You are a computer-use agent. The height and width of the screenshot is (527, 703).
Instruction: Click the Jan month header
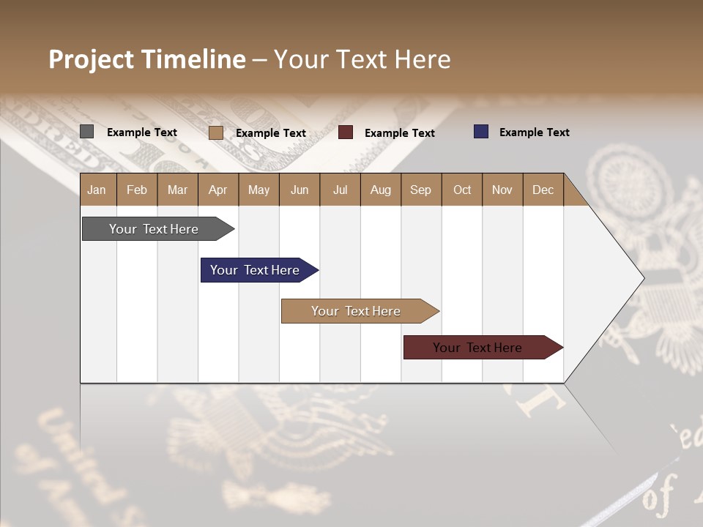pos(97,190)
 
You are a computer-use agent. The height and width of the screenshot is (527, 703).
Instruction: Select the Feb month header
pos(137,190)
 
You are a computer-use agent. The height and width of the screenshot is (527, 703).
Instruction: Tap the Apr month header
pos(217,190)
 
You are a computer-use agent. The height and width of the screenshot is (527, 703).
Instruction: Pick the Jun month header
pos(299,190)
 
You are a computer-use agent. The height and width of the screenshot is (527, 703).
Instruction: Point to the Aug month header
pos(380,190)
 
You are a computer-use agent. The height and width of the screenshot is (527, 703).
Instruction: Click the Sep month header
pos(420,190)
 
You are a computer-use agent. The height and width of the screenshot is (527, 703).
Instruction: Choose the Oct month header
pos(461,190)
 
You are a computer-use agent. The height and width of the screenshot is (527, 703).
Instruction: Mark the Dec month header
pos(543,190)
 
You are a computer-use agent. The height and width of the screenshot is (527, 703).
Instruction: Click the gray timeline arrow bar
pos(154,229)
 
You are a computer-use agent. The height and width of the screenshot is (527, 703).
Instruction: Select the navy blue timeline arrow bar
pos(255,270)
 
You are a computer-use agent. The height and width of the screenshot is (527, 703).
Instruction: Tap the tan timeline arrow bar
pos(356,311)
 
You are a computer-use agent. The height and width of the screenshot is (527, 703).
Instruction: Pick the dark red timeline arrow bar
pos(477,348)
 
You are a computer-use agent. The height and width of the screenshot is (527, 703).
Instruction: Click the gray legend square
pos(86,132)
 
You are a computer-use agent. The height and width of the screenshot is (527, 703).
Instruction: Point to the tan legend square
pos(215,132)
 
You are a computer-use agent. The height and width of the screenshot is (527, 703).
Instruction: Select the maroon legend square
pos(346,132)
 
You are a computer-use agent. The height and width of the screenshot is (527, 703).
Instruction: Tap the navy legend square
pos(480,132)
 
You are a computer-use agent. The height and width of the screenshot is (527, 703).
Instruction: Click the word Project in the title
pos(92,59)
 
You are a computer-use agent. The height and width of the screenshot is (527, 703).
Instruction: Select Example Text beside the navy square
pos(534,132)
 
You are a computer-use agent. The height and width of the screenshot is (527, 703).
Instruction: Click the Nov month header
pos(502,190)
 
